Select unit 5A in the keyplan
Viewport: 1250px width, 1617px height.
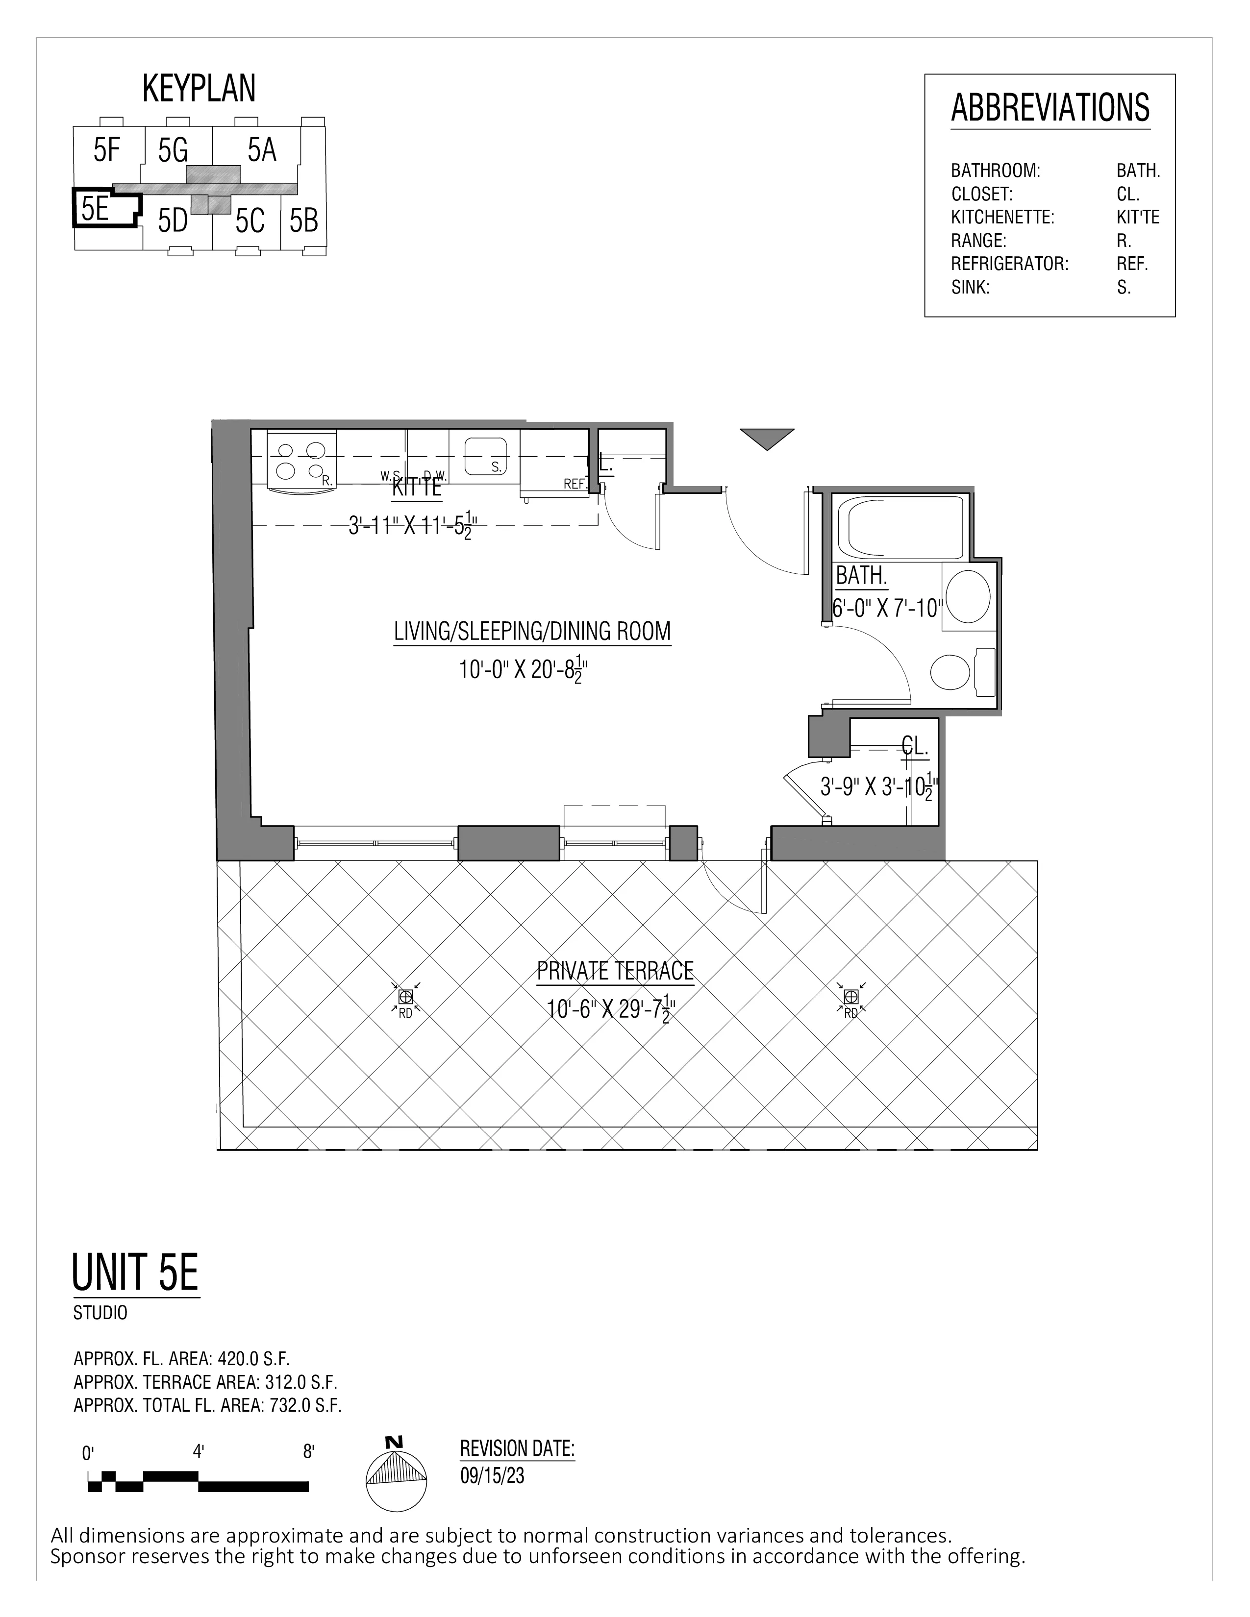(261, 150)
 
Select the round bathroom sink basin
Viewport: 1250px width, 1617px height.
(969, 596)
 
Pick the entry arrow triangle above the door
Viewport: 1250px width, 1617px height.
(767, 438)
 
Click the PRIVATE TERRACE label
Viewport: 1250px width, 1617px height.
(615, 971)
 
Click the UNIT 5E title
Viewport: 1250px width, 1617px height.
(135, 1272)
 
